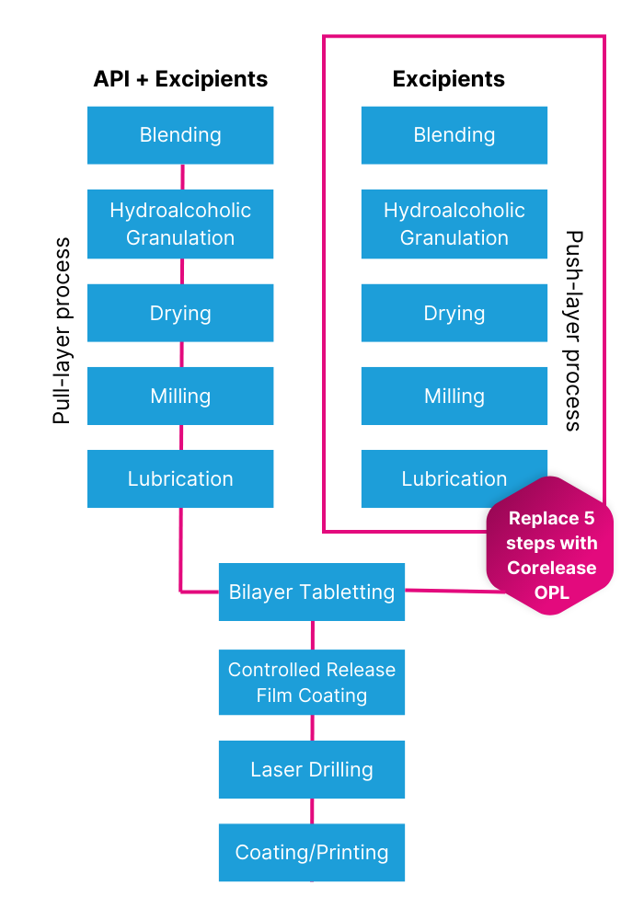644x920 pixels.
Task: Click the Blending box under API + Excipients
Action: pyautogui.click(x=180, y=135)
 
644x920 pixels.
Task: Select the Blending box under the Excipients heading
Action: pyautogui.click(x=454, y=135)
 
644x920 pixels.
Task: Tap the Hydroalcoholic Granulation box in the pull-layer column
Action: pyautogui.click(x=180, y=224)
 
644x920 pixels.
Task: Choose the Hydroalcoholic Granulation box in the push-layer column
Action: pyautogui.click(x=454, y=224)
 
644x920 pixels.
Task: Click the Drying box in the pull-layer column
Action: pyautogui.click(x=180, y=313)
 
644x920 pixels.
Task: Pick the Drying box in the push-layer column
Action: pyautogui.click(x=454, y=313)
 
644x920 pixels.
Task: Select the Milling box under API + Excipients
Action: pyautogui.click(x=180, y=396)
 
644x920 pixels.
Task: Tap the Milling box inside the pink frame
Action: pyautogui.click(x=454, y=396)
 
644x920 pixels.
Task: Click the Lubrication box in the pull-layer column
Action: pyautogui.click(x=180, y=478)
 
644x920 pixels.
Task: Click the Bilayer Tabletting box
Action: pyautogui.click(x=312, y=592)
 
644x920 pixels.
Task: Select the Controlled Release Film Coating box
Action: pyautogui.click(x=312, y=682)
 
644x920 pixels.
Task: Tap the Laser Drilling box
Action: pyautogui.click(x=312, y=769)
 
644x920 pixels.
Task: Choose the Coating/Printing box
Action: pyautogui.click(x=312, y=852)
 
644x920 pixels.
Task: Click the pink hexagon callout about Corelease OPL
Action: pyautogui.click(x=550, y=555)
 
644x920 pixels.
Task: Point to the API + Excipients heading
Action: pyautogui.click(x=180, y=79)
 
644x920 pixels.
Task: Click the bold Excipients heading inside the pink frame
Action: pyautogui.click(x=448, y=79)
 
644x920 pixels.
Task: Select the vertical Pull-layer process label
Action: pyautogui.click(x=62, y=331)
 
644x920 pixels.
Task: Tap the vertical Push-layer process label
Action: pyautogui.click(x=573, y=331)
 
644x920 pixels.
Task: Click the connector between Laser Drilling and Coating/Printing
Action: pyautogui.click(x=312, y=811)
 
